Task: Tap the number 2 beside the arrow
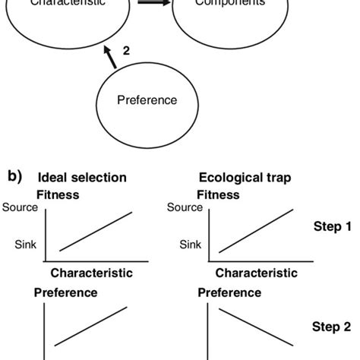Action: pyautogui.click(x=126, y=50)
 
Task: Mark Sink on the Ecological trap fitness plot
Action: pyautogui.click(x=191, y=245)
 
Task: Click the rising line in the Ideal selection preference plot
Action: pyautogui.click(x=94, y=327)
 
